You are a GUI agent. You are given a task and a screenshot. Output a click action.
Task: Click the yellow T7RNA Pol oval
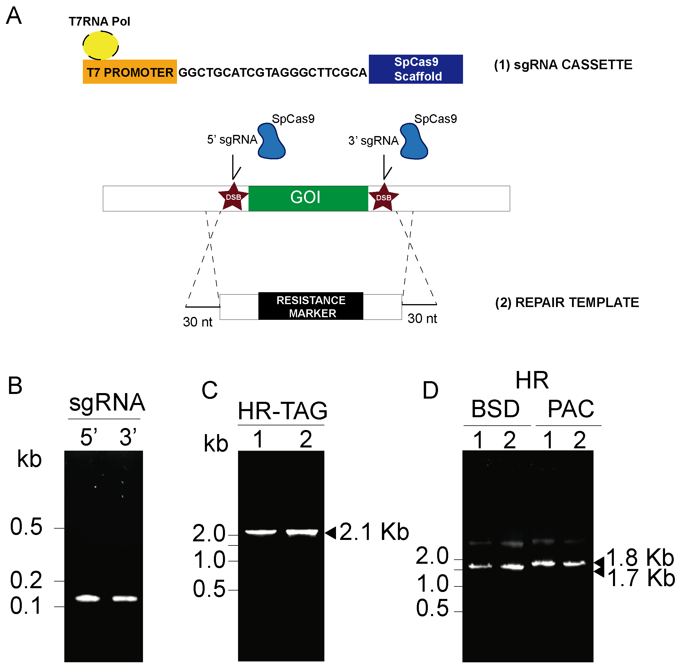[101, 45]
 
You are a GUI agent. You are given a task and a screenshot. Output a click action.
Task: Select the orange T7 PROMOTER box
[130, 72]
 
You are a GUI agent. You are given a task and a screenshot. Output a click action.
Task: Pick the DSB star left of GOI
[233, 197]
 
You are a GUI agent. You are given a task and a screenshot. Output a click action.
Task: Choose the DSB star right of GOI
[384, 198]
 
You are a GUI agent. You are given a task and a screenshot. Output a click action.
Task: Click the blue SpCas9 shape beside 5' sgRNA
[271, 142]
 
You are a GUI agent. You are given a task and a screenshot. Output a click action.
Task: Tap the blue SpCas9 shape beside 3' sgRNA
[413, 142]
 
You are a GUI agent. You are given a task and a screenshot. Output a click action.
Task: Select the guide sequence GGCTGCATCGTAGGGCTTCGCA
[273, 72]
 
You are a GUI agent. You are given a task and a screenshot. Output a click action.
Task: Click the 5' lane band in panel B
[88, 598]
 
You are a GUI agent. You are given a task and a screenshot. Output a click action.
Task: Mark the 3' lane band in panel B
[125, 598]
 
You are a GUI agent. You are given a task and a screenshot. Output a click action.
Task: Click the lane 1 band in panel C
[261, 532]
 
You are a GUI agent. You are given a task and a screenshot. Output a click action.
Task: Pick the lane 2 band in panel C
[302, 532]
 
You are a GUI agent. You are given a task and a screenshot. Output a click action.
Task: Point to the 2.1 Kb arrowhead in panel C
[330, 533]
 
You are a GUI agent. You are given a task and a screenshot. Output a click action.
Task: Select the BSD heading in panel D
[495, 409]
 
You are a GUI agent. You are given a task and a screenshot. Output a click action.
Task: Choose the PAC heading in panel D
[571, 409]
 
